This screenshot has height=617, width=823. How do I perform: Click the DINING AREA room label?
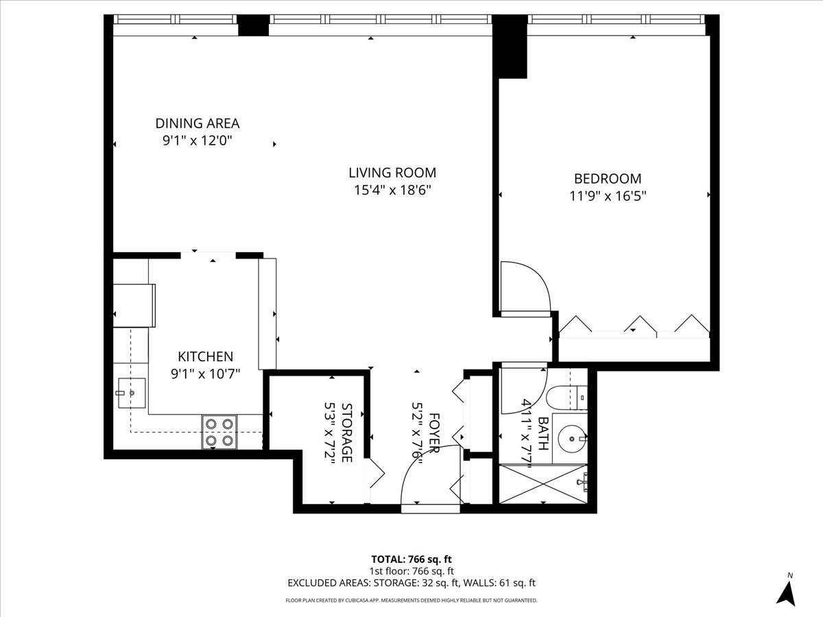coord(197,123)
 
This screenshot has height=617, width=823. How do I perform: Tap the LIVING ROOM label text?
coord(392,173)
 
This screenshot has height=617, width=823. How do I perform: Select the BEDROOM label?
coord(607,178)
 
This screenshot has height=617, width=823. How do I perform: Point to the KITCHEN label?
coord(205,356)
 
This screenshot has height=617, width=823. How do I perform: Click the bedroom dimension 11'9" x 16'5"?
coord(607,195)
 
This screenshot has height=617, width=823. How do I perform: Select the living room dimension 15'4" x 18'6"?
coord(392,191)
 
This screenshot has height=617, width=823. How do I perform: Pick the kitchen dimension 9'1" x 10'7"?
coord(205,374)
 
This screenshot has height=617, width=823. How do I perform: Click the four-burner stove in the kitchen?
coord(219,432)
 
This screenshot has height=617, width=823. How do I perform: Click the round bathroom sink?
coord(571,436)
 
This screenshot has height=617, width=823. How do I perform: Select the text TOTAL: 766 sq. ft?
coord(411,559)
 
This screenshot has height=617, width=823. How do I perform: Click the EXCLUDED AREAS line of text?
coord(411,583)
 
